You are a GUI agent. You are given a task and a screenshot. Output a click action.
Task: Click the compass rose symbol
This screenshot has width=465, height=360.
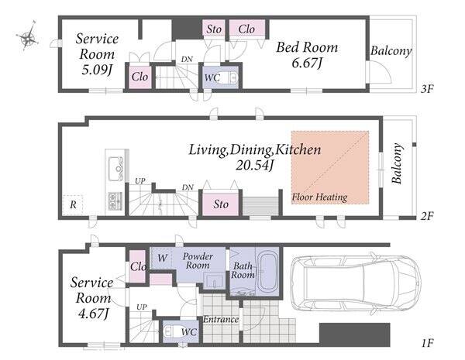(x=27, y=36)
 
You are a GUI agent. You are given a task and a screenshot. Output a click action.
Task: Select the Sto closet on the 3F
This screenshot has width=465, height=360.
(x=214, y=29)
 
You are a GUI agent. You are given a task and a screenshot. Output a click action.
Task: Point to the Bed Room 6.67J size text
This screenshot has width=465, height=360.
(x=307, y=63)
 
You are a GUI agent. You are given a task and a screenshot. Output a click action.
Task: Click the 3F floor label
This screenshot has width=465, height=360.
(x=427, y=88)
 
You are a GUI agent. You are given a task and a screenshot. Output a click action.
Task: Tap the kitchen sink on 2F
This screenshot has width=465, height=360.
(x=116, y=169)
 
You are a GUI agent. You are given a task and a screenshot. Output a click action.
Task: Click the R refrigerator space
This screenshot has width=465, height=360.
(x=72, y=205)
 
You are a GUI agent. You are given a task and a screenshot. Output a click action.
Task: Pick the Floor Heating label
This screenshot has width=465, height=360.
(x=319, y=197)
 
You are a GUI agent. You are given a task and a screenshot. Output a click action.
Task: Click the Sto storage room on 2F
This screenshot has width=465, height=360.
(x=220, y=204)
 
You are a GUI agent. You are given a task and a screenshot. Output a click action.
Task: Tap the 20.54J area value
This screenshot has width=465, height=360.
(x=254, y=166)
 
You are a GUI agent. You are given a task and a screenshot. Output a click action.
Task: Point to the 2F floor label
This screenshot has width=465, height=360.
(x=427, y=216)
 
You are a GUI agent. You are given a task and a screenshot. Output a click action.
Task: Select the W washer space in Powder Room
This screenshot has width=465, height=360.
(x=161, y=258)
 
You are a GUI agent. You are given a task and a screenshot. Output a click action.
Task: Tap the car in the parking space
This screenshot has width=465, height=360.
(x=355, y=284)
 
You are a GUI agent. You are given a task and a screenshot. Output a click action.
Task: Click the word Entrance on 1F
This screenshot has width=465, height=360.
(x=221, y=319)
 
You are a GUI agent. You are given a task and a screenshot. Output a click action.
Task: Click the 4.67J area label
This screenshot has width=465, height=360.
(x=93, y=314)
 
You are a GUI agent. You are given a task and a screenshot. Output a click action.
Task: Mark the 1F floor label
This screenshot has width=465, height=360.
(x=427, y=343)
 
